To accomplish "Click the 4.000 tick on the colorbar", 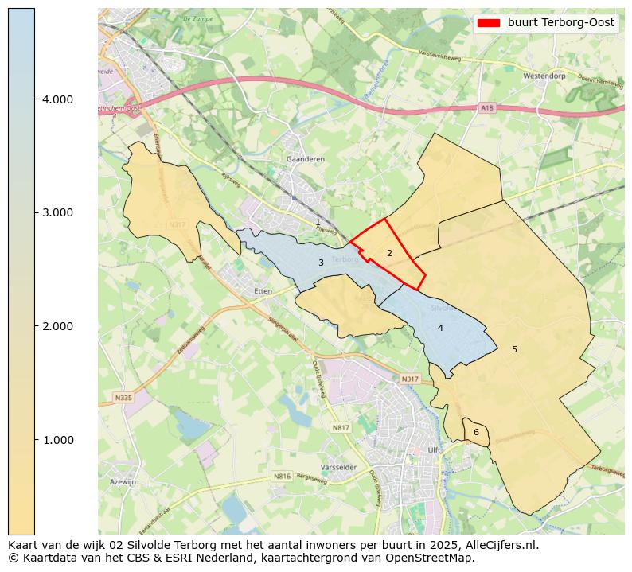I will click(35, 99).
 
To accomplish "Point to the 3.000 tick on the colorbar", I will click(35, 212).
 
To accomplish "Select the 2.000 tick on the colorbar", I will click(35, 326).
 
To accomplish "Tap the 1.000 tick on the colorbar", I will click(35, 440).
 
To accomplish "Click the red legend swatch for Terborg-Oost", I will click(489, 23).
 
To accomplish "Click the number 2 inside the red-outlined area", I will click(389, 253).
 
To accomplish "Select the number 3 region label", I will click(321, 263).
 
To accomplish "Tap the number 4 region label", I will click(440, 328).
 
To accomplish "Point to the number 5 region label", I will click(514, 349).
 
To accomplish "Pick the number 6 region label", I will click(476, 432).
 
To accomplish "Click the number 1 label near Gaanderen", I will click(318, 223).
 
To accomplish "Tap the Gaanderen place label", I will click(306, 159).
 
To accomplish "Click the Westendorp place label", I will click(544, 76).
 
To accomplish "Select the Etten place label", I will click(263, 291).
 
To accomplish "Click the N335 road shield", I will click(123, 398).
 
